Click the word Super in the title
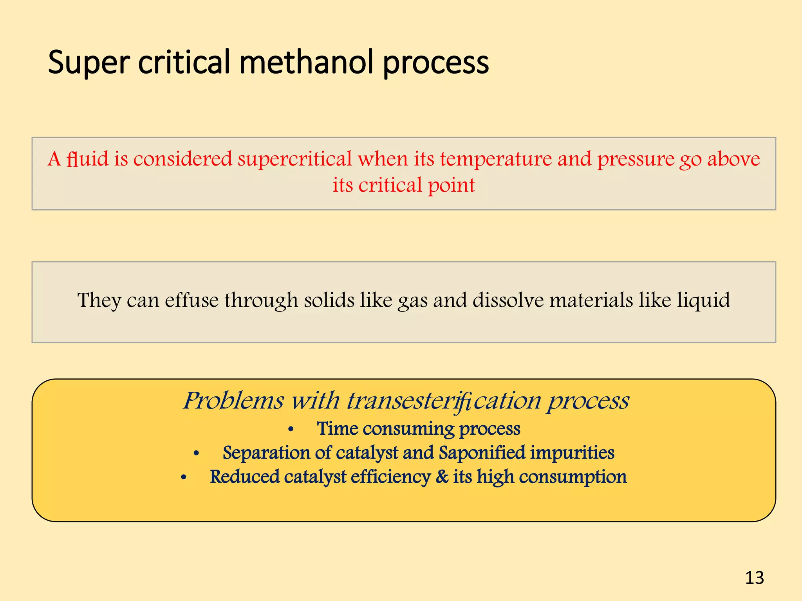click(x=89, y=63)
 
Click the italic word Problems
click(x=233, y=401)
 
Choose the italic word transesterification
click(x=444, y=401)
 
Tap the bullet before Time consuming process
click(x=291, y=430)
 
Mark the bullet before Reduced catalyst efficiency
click(x=184, y=478)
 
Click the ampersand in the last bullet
click(x=442, y=477)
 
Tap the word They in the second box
click(x=99, y=300)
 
